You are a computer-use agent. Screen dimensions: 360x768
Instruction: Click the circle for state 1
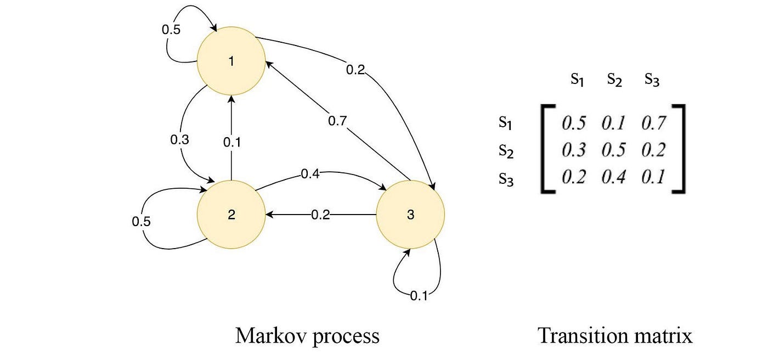pyautogui.click(x=231, y=61)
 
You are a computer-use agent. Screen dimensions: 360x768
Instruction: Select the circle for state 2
pyautogui.click(x=231, y=215)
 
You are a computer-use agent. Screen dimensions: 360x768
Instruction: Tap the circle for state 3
pyautogui.click(x=410, y=215)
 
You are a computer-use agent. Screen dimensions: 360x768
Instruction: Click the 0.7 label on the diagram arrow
pyautogui.click(x=338, y=121)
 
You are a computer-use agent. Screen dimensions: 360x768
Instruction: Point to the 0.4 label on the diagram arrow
pyautogui.click(x=310, y=175)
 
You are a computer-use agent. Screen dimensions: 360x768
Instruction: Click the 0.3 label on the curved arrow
pyautogui.click(x=179, y=139)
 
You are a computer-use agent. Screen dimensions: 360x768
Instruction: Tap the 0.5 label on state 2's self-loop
pyautogui.click(x=141, y=222)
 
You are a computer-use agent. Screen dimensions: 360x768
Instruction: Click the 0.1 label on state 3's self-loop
pyautogui.click(x=419, y=297)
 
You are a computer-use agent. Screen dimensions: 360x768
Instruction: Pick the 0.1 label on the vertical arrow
pyautogui.click(x=232, y=142)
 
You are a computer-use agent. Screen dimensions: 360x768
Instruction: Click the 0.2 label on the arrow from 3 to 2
pyautogui.click(x=320, y=215)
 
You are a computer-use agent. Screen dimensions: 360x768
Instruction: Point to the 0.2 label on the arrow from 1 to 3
pyautogui.click(x=355, y=70)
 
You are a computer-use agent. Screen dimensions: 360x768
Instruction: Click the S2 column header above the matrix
pyautogui.click(x=614, y=80)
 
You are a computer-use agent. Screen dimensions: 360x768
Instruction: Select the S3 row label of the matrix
pyautogui.click(x=506, y=179)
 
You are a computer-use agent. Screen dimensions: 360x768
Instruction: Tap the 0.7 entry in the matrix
pyautogui.click(x=653, y=123)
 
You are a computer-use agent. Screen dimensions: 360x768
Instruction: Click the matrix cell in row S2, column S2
pyautogui.click(x=613, y=150)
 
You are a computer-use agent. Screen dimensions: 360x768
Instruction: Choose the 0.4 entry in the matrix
pyautogui.click(x=613, y=177)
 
